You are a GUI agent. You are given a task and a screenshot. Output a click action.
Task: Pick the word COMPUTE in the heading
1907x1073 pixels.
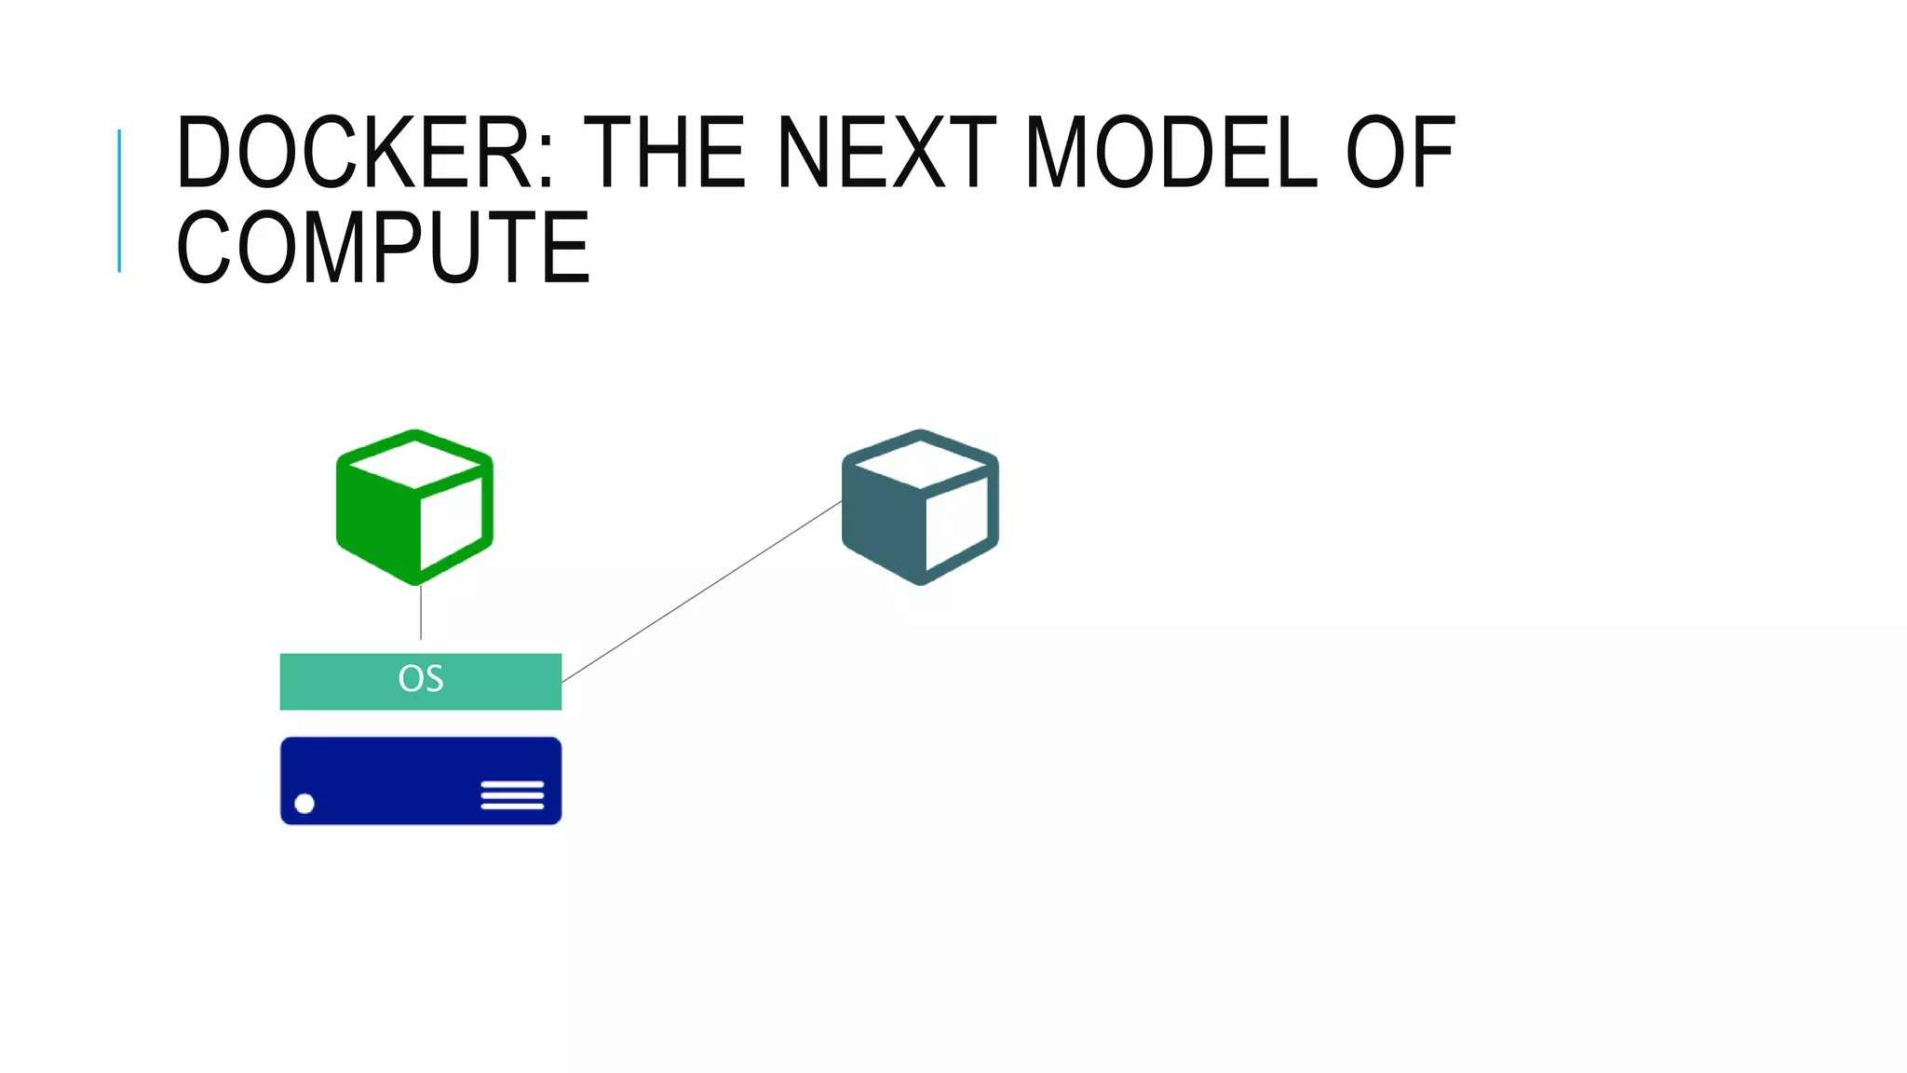coord(383,248)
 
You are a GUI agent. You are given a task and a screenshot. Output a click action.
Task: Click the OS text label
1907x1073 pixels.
coord(421,679)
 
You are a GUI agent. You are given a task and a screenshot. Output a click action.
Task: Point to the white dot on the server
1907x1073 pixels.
coord(304,804)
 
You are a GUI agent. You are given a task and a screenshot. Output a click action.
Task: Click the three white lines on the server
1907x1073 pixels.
coord(512,795)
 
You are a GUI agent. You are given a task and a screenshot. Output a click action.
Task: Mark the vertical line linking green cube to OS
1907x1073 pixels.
coord(421,613)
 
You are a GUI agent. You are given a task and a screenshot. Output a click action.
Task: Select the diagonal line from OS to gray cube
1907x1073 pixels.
coord(702,591)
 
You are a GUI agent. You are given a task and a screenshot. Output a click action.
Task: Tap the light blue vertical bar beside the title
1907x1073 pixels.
coord(119,200)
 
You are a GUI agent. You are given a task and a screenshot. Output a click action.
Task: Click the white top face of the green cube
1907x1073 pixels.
coord(415,463)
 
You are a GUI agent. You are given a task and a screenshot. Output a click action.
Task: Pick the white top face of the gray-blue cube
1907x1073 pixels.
coord(921,463)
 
